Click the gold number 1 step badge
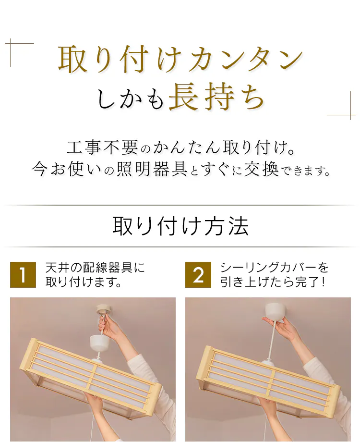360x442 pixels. [23, 275]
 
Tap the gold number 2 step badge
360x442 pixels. [198, 275]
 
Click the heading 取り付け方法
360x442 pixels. [180, 226]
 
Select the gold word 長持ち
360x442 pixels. [216, 97]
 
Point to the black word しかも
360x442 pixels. [130, 98]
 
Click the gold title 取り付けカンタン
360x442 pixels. [180, 60]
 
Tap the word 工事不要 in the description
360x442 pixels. [102, 147]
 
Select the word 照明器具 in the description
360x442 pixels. [152, 169]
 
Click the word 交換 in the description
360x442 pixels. [262, 169]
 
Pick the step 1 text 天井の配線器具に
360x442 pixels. [96, 268]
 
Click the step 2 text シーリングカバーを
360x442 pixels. [274, 268]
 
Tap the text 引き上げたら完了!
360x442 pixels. [273, 282]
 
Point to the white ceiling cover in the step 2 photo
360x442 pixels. [276, 311]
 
